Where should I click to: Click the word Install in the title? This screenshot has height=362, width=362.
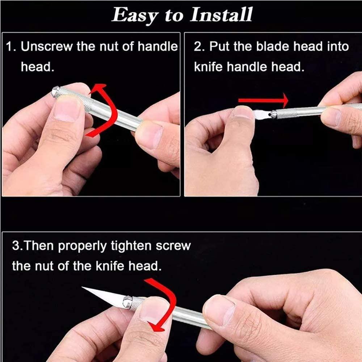[221, 14]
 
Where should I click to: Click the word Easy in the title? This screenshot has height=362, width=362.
[135, 15]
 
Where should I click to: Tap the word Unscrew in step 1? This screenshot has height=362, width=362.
[47, 46]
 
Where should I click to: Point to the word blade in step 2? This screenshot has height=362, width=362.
[273, 46]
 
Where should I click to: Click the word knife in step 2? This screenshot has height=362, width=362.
[208, 67]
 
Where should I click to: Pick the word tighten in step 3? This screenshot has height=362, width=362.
[131, 246]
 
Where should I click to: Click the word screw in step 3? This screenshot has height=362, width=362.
[173, 246]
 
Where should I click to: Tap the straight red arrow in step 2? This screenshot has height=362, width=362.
[263, 100]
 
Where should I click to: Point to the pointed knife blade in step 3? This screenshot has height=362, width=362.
[104, 297]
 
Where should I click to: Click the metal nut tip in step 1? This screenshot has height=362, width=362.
[56, 92]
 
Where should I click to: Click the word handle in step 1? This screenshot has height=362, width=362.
[158, 46]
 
